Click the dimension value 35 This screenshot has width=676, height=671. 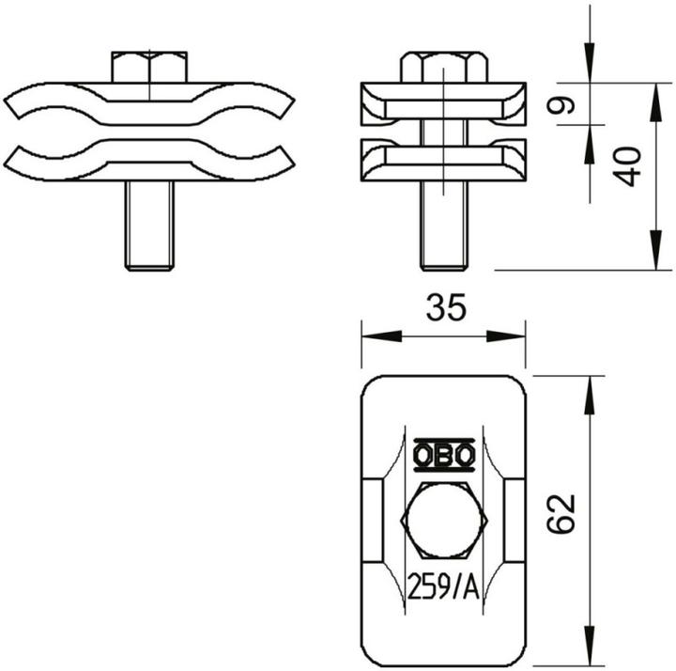(x=443, y=308)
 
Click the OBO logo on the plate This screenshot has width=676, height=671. (x=443, y=456)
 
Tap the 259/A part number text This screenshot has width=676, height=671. (x=443, y=587)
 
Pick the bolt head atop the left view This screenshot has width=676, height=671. (x=148, y=68)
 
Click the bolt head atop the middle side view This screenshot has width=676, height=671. (x=443, y=68)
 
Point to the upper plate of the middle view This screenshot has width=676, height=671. (x=443, y=103)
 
